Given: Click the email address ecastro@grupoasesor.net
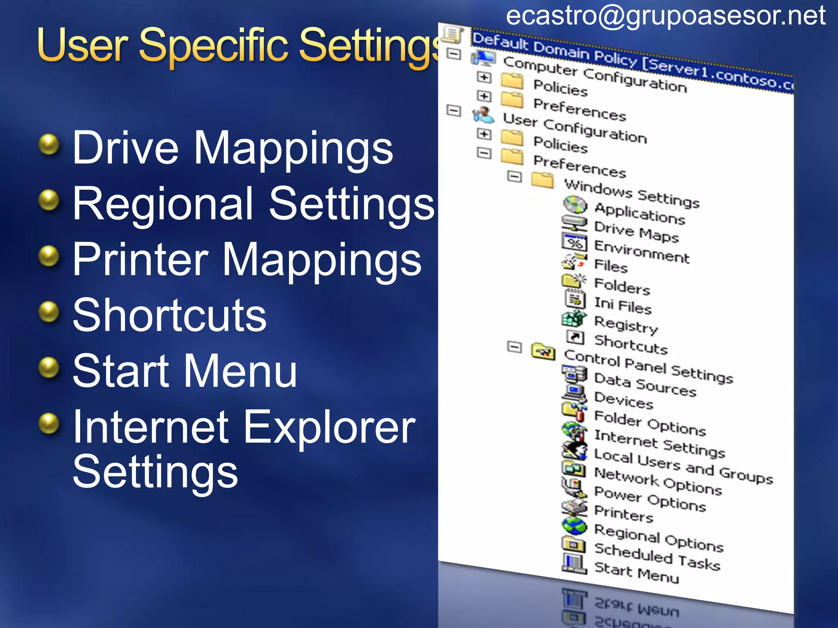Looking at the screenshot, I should [x=665, y=16].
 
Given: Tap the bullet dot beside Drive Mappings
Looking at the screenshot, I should [x=49, y=145].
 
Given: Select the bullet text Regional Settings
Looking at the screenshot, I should [x=253, y=204].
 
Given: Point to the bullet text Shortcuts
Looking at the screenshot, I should [x=169, y=315].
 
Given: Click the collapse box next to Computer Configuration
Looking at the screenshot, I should [x=453, y=54].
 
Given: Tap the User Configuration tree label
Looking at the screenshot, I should [x=574, y=128].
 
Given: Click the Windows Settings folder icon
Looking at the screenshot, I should [x=542, y=180].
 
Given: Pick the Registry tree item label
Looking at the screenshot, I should [x=626, y=325].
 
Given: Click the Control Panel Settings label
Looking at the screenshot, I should [x=648, y=366].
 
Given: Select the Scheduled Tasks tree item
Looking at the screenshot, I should [x=657, y=556].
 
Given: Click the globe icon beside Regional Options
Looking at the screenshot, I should [x=574, y=526].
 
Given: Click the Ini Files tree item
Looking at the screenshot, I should [x=622, y=305].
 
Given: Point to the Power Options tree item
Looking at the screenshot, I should [x=650, y=499].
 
